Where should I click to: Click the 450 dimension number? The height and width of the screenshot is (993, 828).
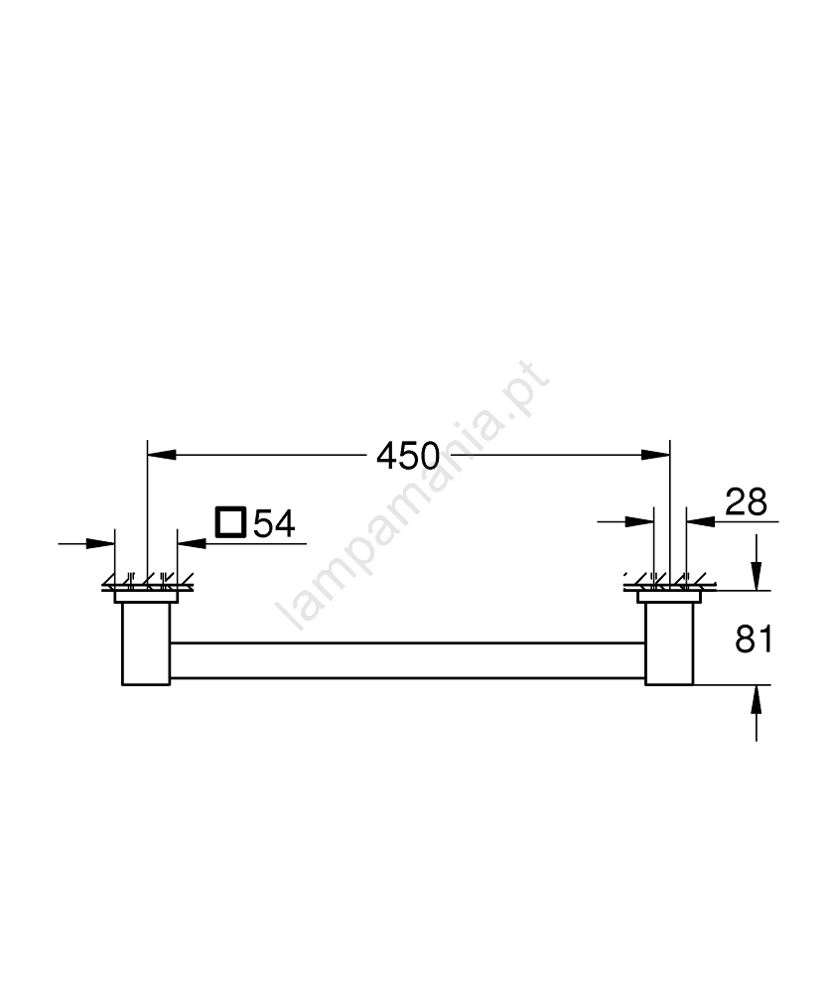(x=408, y=456)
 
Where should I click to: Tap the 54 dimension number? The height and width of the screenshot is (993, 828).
(x=274, y=523)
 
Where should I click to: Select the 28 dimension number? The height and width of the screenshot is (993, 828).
(x=746, y=502)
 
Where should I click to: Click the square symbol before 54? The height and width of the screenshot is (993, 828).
(x=230, y=522)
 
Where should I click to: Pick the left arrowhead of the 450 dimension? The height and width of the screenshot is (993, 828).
(x=162, y=454)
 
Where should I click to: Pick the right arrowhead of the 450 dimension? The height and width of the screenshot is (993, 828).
(x=655, y=454)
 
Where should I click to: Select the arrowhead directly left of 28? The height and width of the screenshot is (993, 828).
(x=701, y=521)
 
